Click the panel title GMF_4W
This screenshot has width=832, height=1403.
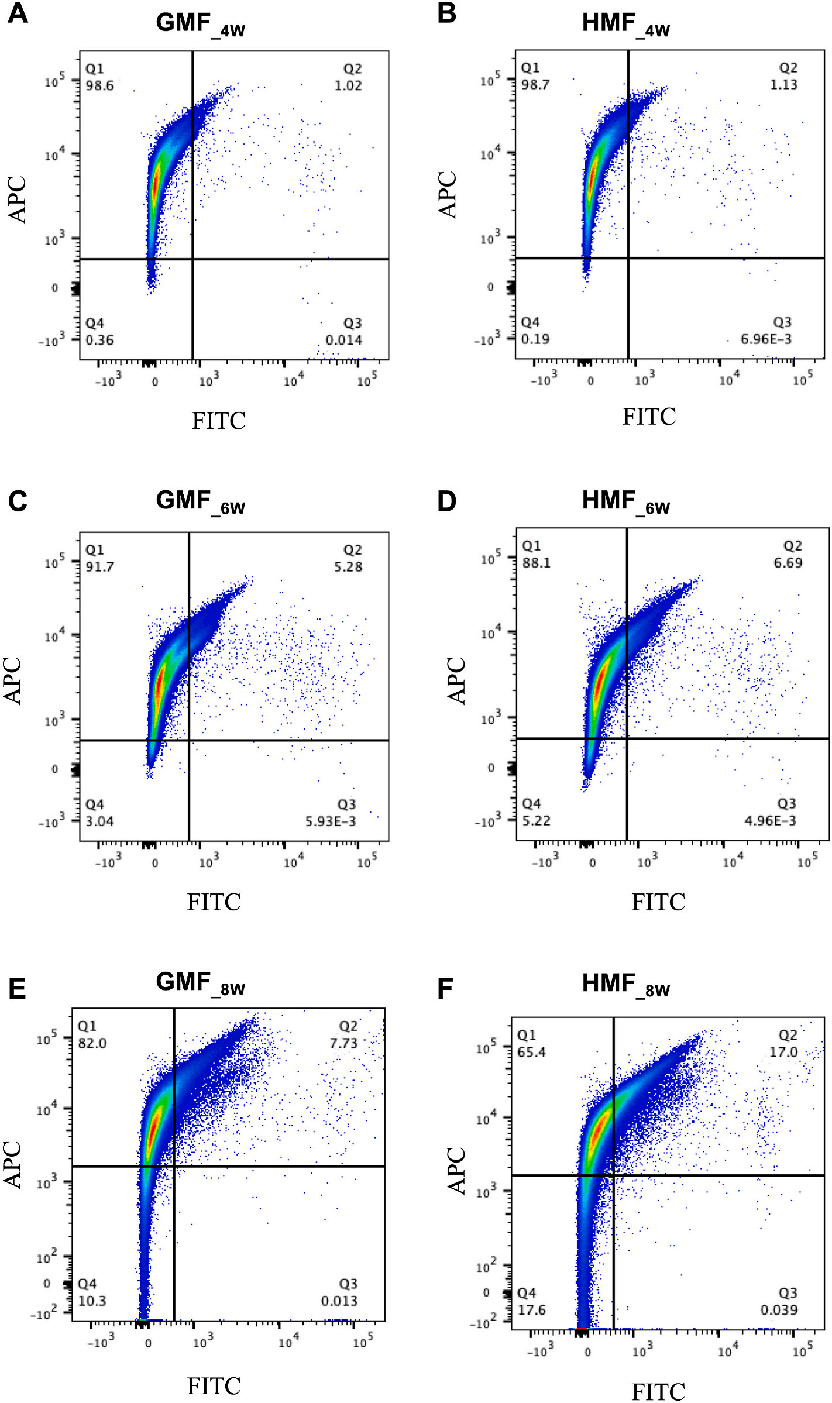(x=200, y=25)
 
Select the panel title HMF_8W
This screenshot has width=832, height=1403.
(x=625, y=985)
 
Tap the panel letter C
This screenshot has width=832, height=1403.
(x=18, y=501)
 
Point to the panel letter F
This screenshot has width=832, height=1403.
(x=445, y=989)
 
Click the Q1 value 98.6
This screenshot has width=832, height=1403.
(x=99, y=85)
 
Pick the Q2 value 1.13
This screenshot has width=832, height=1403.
(x=783, y=85)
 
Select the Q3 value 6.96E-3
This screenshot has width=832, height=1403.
(x=766, y=339)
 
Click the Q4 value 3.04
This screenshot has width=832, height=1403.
(x=99, y=821)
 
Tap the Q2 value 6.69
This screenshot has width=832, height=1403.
(x=788, y=563)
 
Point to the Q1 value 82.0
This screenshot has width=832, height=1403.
(x=92, y=1043)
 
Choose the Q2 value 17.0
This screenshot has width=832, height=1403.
(x=783, y=1053)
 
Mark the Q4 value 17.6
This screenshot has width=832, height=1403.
(x=531, y=1310)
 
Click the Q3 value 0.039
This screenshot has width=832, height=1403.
(x=779, y=1310)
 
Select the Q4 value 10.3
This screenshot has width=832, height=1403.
(x=92, y=1301)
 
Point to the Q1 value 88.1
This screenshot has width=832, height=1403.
(x=537, y=563)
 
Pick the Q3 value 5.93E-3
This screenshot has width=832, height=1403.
(x=330, y=821)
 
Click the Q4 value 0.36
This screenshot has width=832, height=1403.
(x=99, y=340)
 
